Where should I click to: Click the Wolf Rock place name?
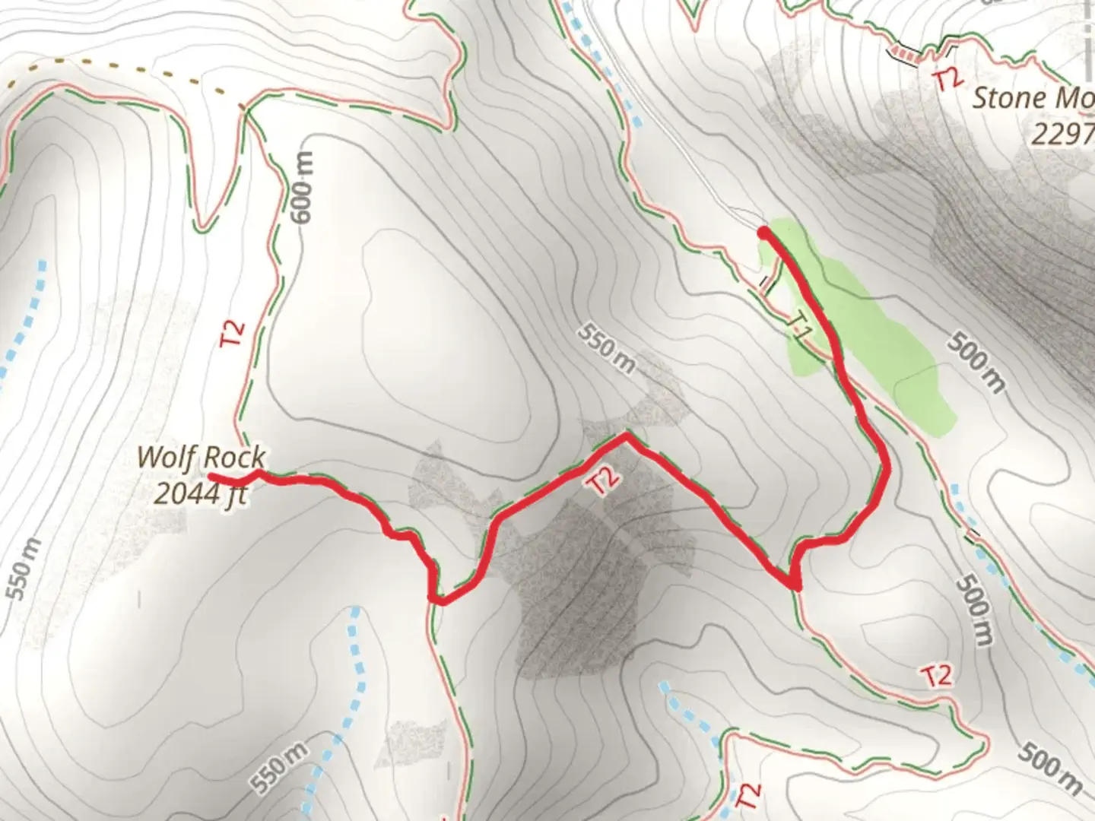(201, 458)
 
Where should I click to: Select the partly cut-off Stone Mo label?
(1033, 98)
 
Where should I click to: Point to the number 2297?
(1062, 134)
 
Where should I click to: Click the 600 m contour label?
(303, 187)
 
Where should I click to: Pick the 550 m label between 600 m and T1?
(605, 349)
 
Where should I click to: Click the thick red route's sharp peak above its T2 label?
(625, 436)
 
